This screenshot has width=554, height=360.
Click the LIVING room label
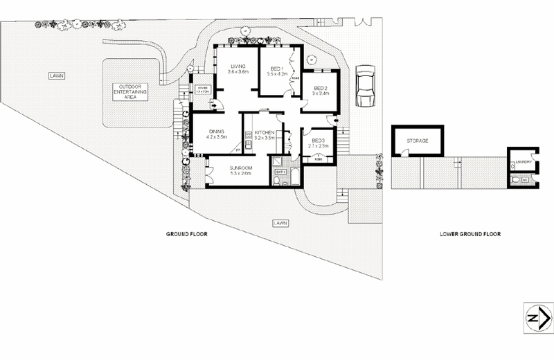click(238, 66)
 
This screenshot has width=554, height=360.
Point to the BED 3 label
click(318, 141)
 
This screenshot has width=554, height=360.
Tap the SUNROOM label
click(240, 168)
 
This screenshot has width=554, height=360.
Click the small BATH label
click(280, 171)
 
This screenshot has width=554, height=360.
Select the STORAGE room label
click(417, 141)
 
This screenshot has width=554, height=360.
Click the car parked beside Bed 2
click(365, 85)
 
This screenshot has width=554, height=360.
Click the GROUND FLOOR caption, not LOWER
click(187, 234)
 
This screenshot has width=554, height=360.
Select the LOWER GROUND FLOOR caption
click(470, 234)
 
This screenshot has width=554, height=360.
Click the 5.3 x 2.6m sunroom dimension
click(240, 173)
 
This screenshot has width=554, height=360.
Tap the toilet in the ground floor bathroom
click(276, 181)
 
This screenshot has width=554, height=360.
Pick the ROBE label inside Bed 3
click(319, 159)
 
